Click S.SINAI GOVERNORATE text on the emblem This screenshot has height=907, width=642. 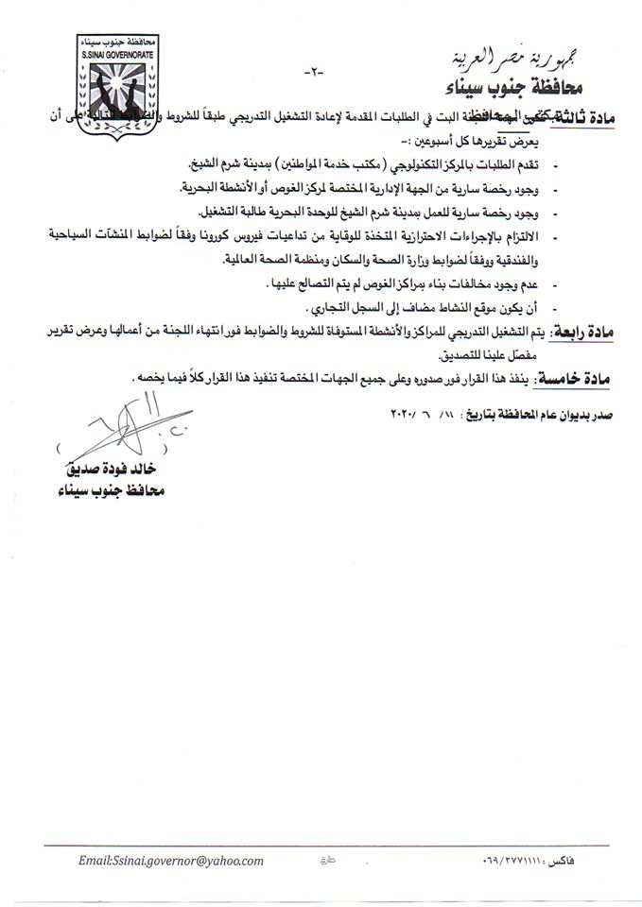107,55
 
